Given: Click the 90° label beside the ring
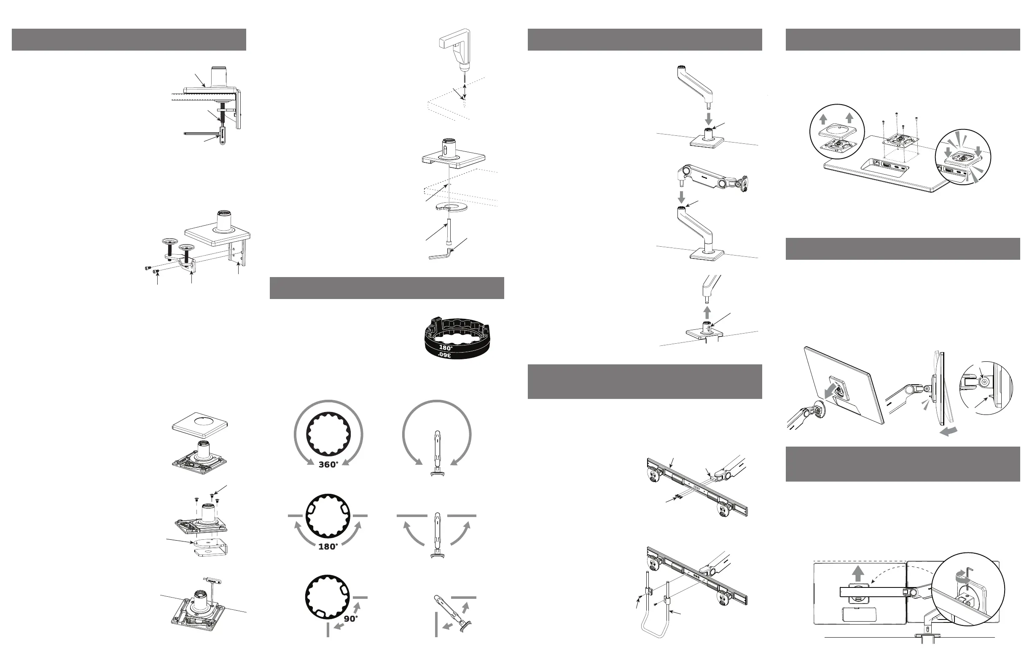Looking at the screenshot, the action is pos(350,619).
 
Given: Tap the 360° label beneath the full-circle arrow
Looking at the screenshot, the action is pos(328,465).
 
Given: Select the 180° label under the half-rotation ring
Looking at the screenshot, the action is pos(328,547).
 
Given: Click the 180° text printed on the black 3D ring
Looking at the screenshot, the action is pos(446,347).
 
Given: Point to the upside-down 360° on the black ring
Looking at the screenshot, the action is pos(444,355).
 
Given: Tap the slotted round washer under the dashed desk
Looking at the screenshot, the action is pos(451,207).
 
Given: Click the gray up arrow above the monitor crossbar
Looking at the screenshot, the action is pos(857,574).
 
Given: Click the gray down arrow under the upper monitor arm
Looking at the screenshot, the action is pos(681,197).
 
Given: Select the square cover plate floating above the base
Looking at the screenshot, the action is pos(199,423).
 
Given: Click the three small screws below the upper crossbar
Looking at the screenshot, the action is pos(680,497).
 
